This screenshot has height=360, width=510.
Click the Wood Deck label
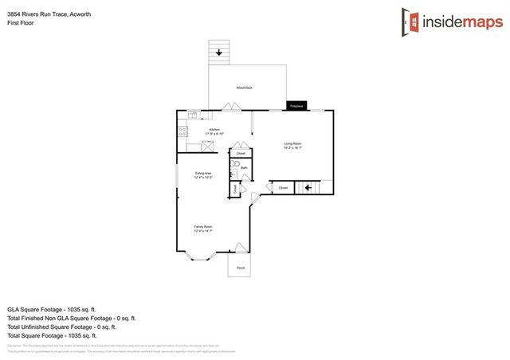244,88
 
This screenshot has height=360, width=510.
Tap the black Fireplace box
296,105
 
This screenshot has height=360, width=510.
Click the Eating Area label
203,174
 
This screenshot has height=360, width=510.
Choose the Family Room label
203,228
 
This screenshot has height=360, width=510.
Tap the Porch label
241,268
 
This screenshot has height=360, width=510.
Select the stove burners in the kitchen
182,131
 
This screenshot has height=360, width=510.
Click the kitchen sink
193,116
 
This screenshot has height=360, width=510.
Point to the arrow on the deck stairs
219,53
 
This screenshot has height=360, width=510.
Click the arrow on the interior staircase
307,188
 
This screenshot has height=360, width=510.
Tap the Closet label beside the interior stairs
283,188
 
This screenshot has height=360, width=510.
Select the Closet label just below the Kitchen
241,154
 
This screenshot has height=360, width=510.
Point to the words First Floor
20,22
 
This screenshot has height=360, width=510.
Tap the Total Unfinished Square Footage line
61,327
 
